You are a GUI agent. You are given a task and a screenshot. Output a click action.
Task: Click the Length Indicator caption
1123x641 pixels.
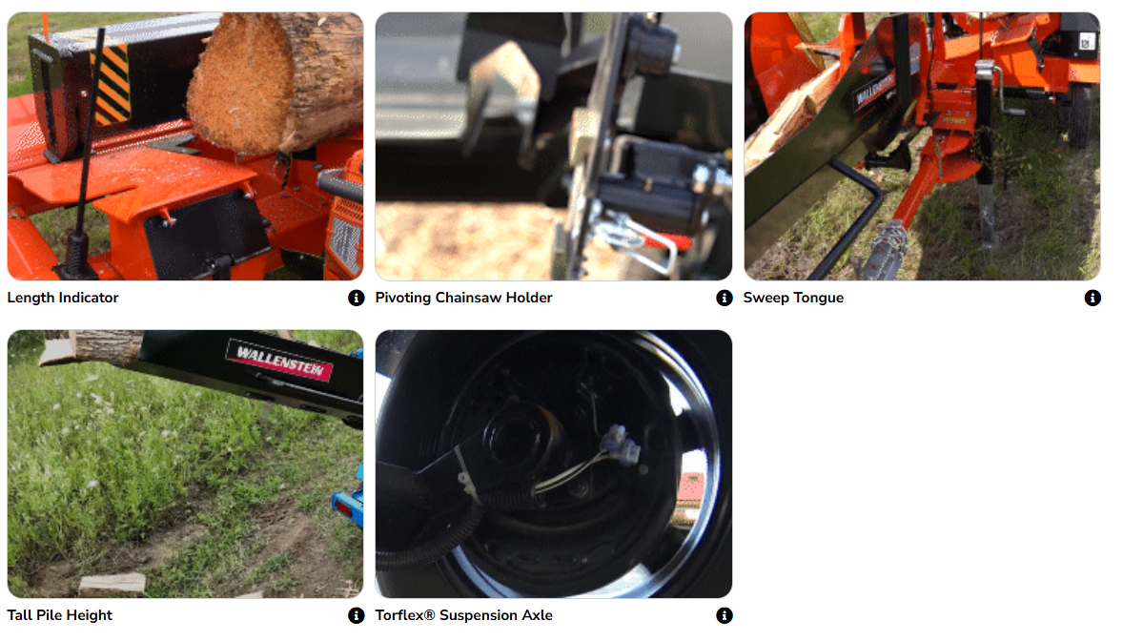tap(63, 298)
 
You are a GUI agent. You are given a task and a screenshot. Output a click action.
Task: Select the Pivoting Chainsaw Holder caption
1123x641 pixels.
tap(463, 298)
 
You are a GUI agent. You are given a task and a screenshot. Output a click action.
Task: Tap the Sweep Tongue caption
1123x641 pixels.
tap(793, 298)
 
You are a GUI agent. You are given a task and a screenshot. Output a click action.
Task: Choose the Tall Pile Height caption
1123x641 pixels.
tap(60, 615)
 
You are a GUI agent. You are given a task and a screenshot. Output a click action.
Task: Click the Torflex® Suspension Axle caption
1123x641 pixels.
tap(463, 615)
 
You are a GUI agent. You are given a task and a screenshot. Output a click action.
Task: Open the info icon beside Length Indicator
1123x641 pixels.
tap(356, 298)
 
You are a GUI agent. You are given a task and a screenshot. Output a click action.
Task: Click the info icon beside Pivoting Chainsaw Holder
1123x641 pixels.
tap(725, 298)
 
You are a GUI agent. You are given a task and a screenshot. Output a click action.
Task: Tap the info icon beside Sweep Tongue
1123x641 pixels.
tap(1092, 298)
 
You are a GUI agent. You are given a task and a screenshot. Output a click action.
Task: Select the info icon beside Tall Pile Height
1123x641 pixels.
tap(356, 615)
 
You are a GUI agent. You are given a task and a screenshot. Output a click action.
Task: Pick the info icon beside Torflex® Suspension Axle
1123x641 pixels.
tap(725, 615)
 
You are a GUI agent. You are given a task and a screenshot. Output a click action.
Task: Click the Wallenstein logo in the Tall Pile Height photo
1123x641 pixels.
tap(280, 360)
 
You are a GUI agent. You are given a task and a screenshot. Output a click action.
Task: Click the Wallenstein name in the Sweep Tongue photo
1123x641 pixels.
tap(875, 90)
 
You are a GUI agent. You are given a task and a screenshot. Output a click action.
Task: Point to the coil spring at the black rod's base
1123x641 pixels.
tap(75, 251)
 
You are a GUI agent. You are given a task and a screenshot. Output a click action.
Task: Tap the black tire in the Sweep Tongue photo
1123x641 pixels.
tap(1078, 114)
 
